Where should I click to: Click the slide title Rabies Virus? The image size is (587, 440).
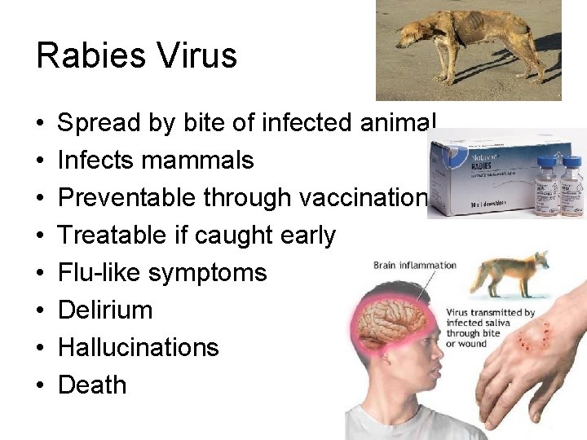tap(136, 55)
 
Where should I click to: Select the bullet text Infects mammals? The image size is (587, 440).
tap(156, 161)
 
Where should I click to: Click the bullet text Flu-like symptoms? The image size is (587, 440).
tap(162, 272)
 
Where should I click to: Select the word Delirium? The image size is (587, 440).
tap(105, 310)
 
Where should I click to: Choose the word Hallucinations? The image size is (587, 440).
tap(139, 347)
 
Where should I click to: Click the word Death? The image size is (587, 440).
tap(92, 385)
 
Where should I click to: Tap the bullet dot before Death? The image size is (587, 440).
tap(40, 385)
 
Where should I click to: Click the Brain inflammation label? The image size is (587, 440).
tap(415, 265)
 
